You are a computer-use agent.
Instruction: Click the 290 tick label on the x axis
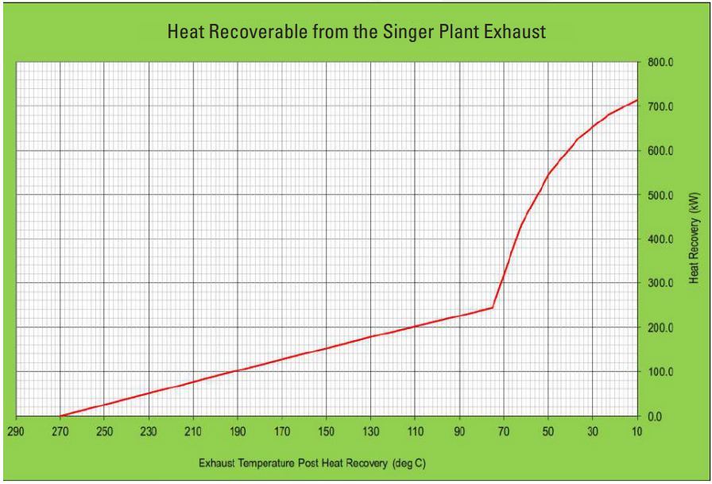(x=16, y=432)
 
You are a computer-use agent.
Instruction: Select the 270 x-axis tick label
(x=60, y=432)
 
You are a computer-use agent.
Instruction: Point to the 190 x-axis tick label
(x=238, y=432)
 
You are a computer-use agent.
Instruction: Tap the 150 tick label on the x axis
(x=327, y=432)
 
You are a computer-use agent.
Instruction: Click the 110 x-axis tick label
(x=416, y=432)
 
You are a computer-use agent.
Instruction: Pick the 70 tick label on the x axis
(x=504, y=432)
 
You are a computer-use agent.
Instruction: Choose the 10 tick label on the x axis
(x=637, y=432)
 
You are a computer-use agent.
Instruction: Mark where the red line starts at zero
(x=60, y=416)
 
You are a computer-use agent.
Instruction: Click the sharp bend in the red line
(x=493, y=308)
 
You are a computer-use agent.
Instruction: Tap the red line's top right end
(x=637, y=100)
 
